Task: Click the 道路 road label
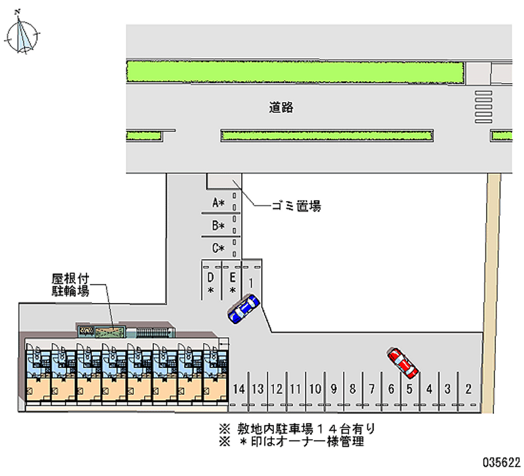(x=280, y=108)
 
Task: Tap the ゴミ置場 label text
(x=296, y=206)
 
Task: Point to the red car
(x=403, y=363)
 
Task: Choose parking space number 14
(x=240, y=389)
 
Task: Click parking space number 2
(x=468, y=389)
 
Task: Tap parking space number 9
(x=333, y=389)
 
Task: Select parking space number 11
(x=295, y=389)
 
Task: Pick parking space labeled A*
(x=218, y=204)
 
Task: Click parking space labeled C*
(x=218, y=248)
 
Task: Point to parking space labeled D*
(x=211, y=282)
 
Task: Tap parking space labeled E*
(x=232, y=282)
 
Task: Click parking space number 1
(x=252, y=281)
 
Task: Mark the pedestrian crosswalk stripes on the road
(x=483, y=106)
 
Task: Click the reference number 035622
(x=501, y=460)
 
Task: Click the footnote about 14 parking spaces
(x=298, y=430)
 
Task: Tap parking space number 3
(x=448, y=389)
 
